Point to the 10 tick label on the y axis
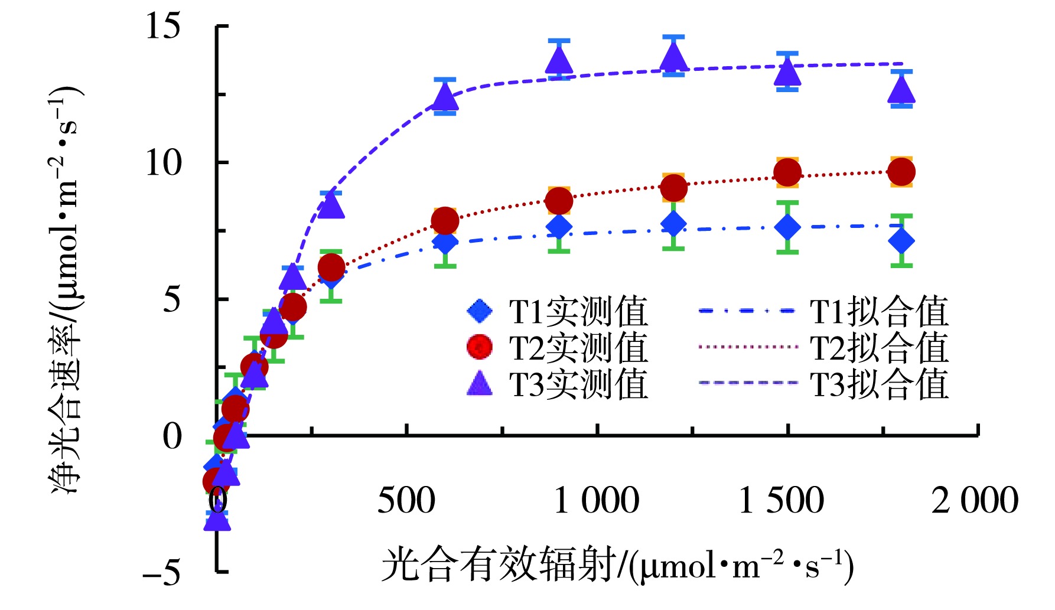point(163,162)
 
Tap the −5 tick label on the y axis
point(162,572)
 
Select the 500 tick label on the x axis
point(406,500)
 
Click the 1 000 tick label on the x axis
point(597,500)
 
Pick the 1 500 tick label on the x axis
point(781,500)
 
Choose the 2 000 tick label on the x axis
point(975,500)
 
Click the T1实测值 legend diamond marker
point(480,311)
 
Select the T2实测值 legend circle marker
point(480,347)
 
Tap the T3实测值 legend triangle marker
point(480,383)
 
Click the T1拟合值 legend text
point(879,311)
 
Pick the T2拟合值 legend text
point(879,347)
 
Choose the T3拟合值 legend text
point(879,384)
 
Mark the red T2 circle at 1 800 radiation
point(901,172)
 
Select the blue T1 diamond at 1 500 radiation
point(787,227)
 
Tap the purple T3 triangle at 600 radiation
point(445,97)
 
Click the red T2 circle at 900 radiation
point(559,201)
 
